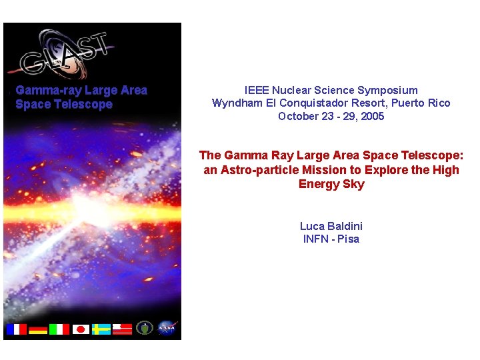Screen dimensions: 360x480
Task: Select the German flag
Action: pyautogui.click(x=37, y=329)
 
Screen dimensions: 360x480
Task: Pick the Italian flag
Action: pyautogui.click(x=59, y=329)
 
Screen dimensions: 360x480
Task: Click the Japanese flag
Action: pyautogui.click(x=81, y=329)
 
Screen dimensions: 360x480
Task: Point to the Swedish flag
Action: pyautogui.click(x=101, y=329)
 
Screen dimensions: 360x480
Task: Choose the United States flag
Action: pyautogui.click(x=122, y=329)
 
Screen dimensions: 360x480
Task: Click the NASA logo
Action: pyautogui.click(x=166, y=328)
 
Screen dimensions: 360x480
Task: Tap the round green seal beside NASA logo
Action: pyautogui.click(x=145, y=328)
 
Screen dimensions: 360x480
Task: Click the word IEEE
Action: pyautogui.click(x=257, y=90)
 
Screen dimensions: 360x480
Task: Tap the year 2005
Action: pyautogui.click(x=372, y=117)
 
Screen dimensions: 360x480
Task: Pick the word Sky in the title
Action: pyautogui.click(x=353, y=184)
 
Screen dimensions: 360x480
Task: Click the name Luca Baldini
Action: pyautogui.click(x=331, y=226)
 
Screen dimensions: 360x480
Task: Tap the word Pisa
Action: pyautogui.click(x=348, y=239)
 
